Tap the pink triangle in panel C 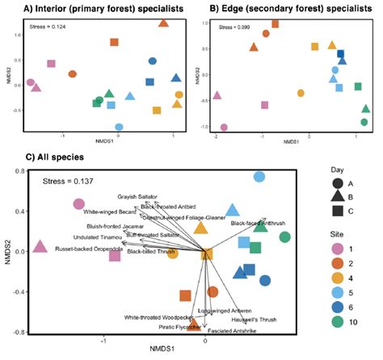(x=40, y=246)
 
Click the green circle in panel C (x=284, y=237)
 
